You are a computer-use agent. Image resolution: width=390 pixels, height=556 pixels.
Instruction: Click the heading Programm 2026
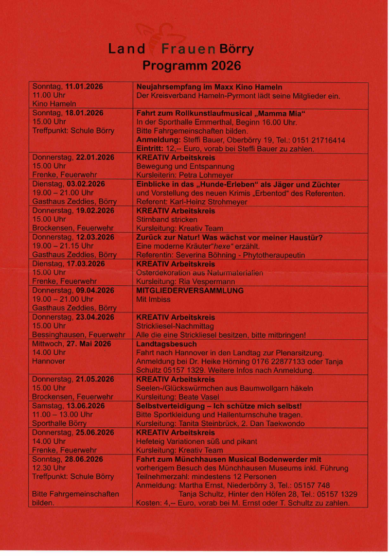coord(191,66)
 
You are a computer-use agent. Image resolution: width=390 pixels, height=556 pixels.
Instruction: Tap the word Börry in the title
coord(237,49)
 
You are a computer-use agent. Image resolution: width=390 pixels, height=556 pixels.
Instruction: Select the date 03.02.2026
coord(85,184)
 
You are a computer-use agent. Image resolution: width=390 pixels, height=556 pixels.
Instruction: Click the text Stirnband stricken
coord(167,219)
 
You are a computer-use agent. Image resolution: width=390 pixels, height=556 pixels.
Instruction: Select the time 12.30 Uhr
coord(49,468)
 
